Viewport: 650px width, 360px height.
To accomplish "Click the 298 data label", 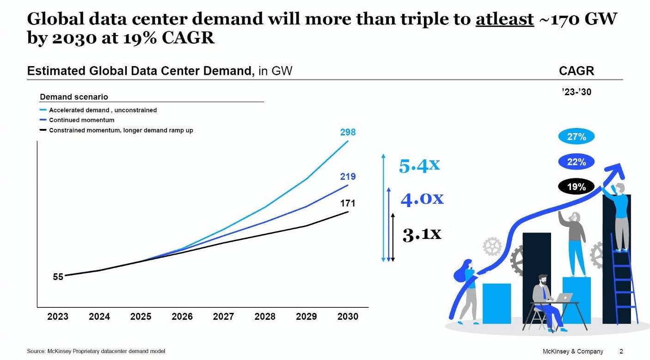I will point(348,132).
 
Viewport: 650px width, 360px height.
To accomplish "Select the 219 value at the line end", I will point(348,177).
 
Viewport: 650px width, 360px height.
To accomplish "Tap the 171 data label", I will point(348,203).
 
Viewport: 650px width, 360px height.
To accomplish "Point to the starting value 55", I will point(58,277).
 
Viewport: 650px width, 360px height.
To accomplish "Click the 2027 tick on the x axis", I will point(223,317).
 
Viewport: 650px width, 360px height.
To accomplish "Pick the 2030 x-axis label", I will point(348,317).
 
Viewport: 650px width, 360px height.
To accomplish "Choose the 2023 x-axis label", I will point(58,317).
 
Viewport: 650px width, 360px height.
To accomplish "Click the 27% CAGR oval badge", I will point(576,137).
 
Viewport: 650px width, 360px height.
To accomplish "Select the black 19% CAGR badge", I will point(576,187).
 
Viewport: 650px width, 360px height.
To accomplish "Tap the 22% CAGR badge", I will point(576,162).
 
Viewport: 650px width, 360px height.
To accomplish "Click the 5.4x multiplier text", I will point(419,165).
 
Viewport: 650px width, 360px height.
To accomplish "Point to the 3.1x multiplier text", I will point(422,234).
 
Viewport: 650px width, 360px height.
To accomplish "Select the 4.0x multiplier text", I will point(422,199).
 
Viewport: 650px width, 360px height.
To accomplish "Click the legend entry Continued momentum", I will point(81,120).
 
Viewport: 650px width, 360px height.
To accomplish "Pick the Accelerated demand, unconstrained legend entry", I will point(103,110).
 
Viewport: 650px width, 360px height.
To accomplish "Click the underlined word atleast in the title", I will point(504,19).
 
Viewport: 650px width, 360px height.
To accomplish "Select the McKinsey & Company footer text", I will point(573,351).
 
